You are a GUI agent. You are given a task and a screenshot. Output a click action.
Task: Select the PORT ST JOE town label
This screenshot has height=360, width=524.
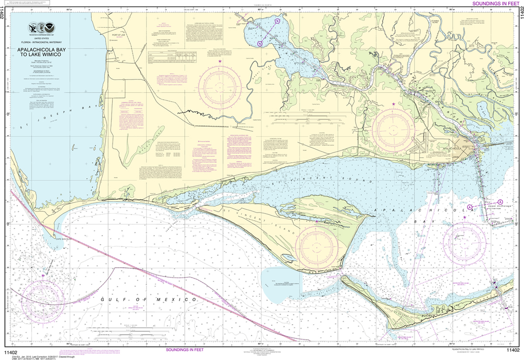pyautogui.click(x=118, y=34)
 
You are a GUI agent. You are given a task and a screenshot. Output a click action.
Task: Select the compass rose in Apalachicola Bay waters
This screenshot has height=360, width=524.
pyautogui.click(x=465, y=239)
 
